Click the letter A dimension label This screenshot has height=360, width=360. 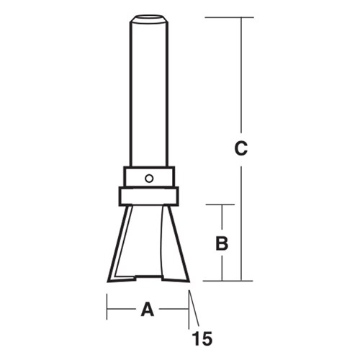tap(148, 310)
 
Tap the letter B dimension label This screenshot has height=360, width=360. tap(222, 243)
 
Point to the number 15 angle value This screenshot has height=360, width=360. tap(202, 336)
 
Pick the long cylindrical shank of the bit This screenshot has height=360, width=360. tap(148, 94)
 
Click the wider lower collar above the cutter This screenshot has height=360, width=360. tap(148, 196)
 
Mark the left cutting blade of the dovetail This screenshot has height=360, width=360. tap(120, 245)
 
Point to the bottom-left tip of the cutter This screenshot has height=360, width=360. tap(109, 279)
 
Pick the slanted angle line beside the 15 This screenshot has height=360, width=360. tap(193, 310)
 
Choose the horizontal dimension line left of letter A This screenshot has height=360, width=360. tap(122, 310)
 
